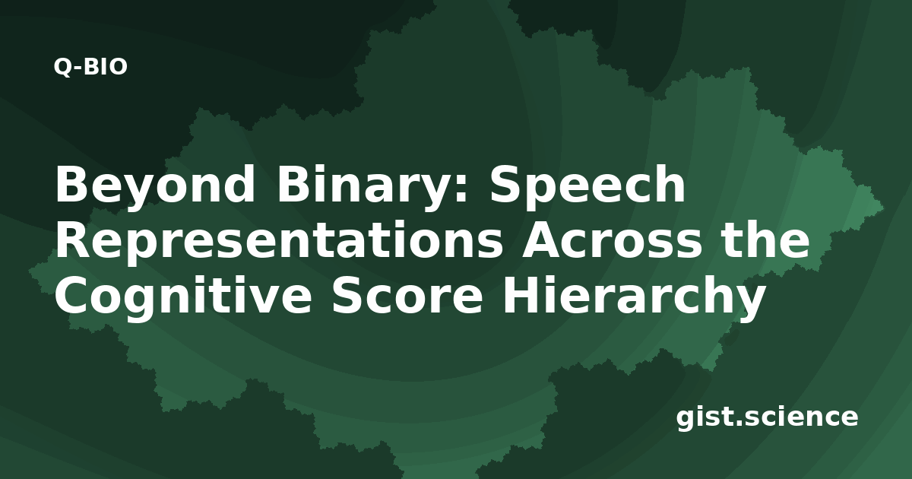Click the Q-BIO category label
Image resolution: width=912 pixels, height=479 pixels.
90,67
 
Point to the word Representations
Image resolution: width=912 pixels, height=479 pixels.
279,242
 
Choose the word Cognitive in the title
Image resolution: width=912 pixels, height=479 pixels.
184,297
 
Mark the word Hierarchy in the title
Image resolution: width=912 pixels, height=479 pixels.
634,297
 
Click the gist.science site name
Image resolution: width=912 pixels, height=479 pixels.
767,418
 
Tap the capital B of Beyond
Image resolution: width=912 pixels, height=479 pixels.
71,184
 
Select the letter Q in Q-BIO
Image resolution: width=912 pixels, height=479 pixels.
63,67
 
